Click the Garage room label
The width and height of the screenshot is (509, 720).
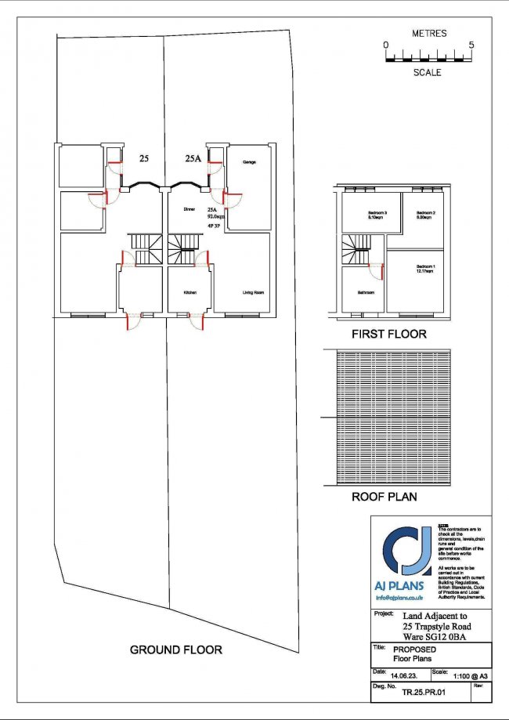[250, 162]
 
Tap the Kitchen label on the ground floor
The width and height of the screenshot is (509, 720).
[190, 292]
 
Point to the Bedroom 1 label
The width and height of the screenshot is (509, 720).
[424, 266]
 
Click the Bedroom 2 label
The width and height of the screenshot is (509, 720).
[425, 215]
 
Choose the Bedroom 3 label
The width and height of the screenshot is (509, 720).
[379, 215]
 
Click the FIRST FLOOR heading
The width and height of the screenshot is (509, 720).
[388, 335]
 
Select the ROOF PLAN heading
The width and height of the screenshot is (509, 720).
[384, 497]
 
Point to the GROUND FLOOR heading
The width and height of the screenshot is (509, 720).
[175, 649]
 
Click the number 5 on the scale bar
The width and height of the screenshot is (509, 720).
[471, 45]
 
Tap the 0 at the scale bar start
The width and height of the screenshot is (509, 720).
[386, 45]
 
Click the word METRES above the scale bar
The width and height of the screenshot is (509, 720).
[428, 34]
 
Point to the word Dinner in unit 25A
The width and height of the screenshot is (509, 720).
[189, 210]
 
